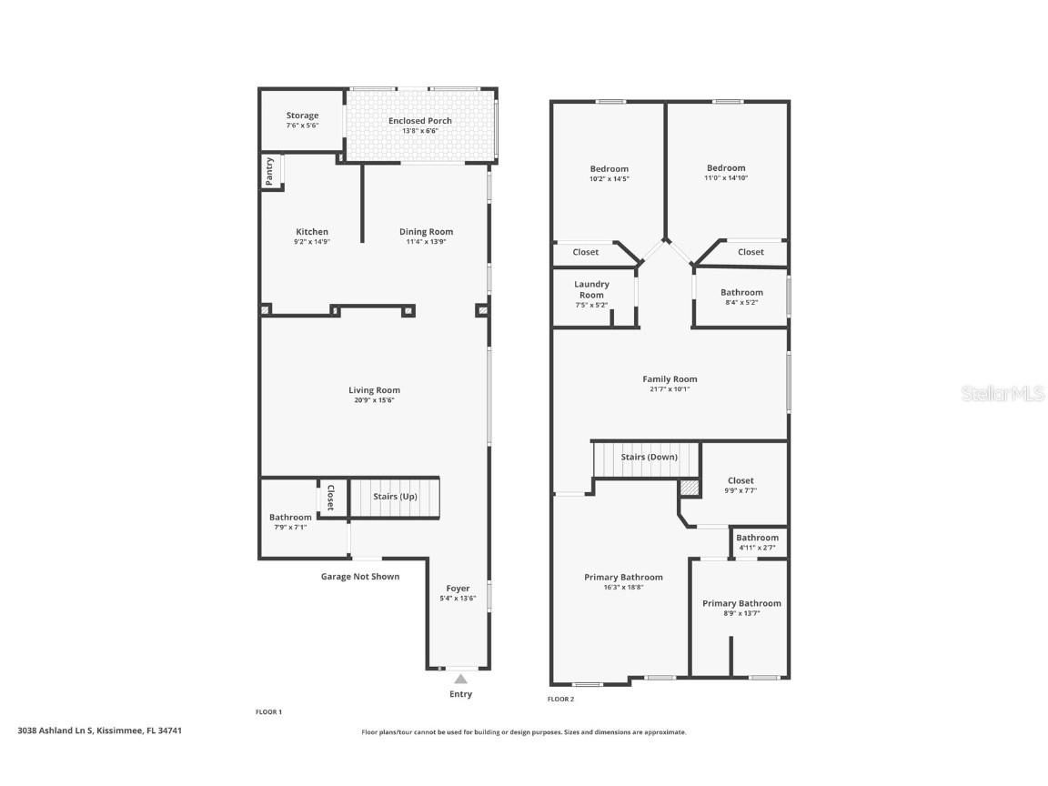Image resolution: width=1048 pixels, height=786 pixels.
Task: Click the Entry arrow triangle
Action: [460, 679]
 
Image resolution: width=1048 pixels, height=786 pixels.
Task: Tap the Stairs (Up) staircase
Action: [394, 497]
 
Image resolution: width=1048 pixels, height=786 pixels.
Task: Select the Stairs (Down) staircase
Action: [646, 458]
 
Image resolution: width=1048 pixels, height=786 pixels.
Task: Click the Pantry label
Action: [269, 172]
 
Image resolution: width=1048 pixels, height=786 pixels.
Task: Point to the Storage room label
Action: [302, 116]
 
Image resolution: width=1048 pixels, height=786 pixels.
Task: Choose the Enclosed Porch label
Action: [419, 121]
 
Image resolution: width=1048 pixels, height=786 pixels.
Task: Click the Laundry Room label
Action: [591, 289]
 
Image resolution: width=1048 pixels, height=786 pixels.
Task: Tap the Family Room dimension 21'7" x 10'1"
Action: [670, 389]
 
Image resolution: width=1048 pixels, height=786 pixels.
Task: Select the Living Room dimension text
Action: [374, 400]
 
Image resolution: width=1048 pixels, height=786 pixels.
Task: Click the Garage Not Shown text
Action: [360, 577]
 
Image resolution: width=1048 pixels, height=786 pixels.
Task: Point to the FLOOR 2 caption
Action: [560, 699]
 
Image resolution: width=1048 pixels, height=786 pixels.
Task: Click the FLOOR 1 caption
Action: [268, 711]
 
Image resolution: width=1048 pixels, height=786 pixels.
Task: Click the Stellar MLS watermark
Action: [1003, 393]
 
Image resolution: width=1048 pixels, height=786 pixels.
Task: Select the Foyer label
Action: [458, 589]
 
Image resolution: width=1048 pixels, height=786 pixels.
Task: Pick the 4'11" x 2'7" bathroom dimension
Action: [757, 548]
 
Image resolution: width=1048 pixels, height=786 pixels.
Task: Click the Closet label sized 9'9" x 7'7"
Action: [741, 480]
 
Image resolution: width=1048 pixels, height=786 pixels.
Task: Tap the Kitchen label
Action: [312, 232]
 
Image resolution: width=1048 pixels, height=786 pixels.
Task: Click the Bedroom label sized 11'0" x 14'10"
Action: [726, 168]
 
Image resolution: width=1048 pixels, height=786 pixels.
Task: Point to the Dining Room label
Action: [427, 232]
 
